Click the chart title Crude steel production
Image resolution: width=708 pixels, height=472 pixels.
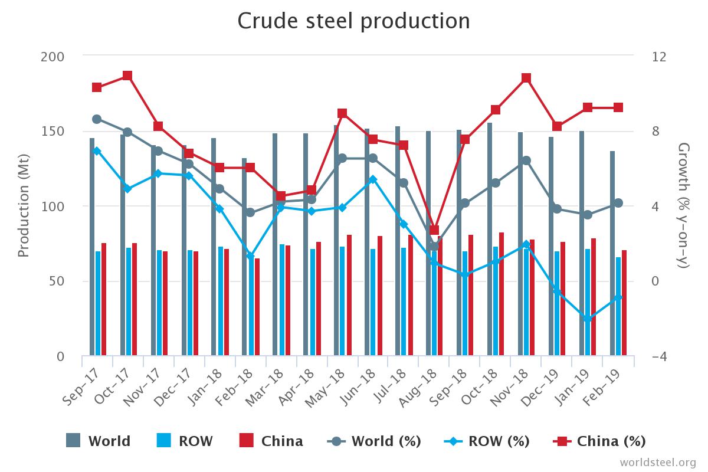353,21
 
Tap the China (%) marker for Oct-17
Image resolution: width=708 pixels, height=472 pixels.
127,76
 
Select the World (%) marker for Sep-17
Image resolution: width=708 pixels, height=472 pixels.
97,119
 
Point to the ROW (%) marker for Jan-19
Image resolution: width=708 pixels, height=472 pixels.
588,319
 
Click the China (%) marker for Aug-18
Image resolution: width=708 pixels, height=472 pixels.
434,230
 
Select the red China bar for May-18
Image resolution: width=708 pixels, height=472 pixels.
349,295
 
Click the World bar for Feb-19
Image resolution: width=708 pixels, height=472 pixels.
612,254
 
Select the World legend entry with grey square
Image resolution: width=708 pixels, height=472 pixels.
99,441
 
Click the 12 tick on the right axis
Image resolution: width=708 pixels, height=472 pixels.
660,57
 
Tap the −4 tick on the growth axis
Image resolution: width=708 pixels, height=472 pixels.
660,356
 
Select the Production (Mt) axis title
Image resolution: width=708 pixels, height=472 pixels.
24,206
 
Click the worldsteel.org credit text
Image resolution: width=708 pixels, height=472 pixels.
657,462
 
